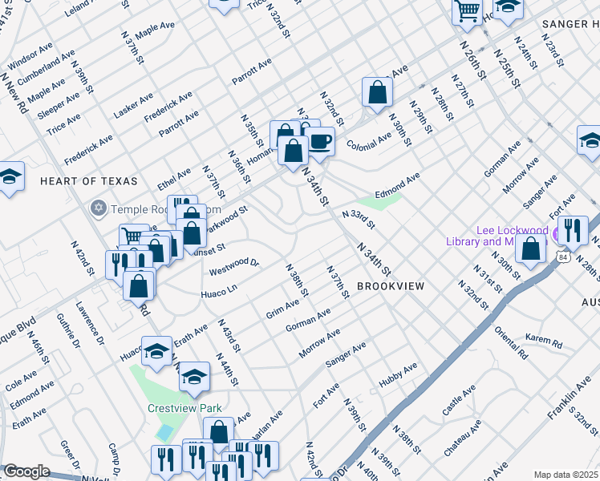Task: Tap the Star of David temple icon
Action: (x=99, y=208)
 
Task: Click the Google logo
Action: (x=26, y=471)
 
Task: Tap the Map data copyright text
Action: (x=566, y=475)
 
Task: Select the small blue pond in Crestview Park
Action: (x=165, y=433)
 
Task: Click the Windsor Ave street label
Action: (x=30, y=55)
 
